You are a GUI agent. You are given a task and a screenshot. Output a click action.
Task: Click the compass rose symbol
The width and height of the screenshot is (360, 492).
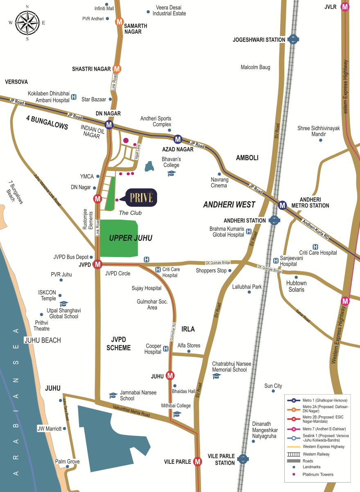pyautogui.click(x=27, y=23)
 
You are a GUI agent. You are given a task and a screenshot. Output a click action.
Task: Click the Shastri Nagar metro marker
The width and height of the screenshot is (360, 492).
pyautogui.click(x=117, y=69)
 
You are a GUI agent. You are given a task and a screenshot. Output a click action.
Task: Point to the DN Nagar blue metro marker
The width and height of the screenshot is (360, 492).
pyautogui.click(x=109, y=124)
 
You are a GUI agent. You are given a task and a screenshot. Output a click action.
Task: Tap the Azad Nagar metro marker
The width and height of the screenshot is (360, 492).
pyautogui.click(x=178, y=139)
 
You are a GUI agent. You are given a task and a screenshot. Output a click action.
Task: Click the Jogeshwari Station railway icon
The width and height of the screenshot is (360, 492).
pyautogui.click(x=292, y=40)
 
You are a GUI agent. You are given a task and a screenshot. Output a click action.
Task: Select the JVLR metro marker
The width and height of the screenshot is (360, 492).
pyautogui.click(x=346, y=7)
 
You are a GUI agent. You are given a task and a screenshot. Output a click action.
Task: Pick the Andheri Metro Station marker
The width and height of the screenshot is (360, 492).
pyautogui.click(x=282, y=205)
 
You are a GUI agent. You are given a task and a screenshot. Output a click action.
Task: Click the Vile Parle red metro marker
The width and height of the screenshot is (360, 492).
pyautogui.click(x=198, y=461)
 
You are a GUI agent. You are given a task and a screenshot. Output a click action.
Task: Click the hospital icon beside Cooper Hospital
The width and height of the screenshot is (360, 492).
pyautogui.click(x=166, y=349)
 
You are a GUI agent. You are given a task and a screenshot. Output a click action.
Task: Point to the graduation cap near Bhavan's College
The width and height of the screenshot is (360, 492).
pyautogui.click(x=171, y=174)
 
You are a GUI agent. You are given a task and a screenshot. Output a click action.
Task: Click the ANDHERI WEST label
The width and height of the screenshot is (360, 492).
pyautogui.click(x=229, y=205)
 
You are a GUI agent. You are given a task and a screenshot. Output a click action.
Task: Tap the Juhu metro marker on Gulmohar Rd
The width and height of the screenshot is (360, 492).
pyautogui.click(x=170, y=376)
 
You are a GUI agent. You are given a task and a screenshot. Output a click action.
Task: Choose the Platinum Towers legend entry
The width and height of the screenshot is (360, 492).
pyautogui.click(x=317, y=474)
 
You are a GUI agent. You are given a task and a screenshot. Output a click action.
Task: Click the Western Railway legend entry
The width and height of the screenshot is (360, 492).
pyautogui.click(x=316, y=454)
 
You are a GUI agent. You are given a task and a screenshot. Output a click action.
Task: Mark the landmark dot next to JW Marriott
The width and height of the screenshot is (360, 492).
pyautogui.click(x=65, y=429)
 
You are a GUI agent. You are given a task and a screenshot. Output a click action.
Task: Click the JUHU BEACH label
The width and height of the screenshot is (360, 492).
pyautogui.click(x=43, y=340)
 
